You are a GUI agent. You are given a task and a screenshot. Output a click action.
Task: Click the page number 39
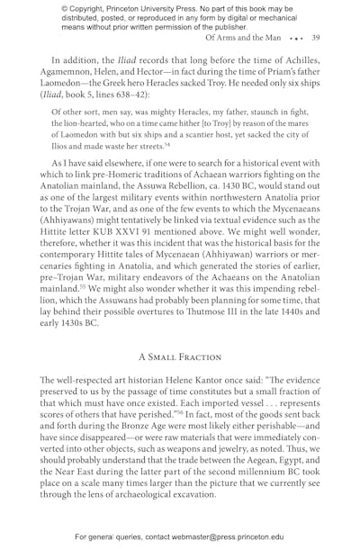pyautogui.click(x=315, y=38)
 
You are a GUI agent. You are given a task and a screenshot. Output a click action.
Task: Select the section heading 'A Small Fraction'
pyautogui.click(x=180, y=356)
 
